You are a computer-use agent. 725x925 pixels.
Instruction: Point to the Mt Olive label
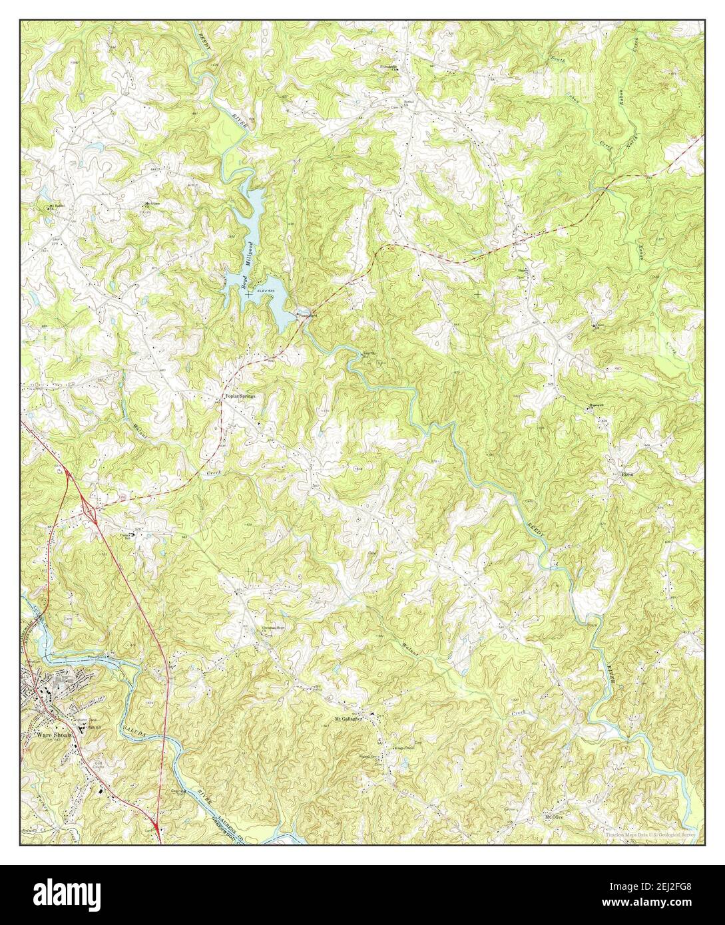[555, 817]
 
